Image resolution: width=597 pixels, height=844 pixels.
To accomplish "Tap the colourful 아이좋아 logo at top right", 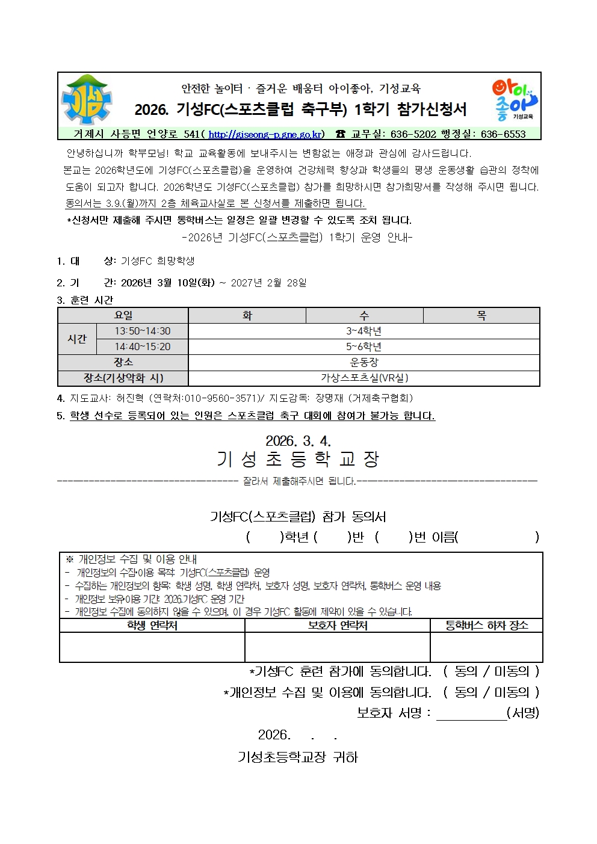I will point(514,100).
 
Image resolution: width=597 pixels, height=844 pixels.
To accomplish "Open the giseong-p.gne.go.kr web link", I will point(266,134).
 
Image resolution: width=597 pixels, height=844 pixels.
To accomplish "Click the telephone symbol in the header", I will point(341,134).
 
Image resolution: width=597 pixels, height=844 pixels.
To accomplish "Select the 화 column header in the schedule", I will point(247,316).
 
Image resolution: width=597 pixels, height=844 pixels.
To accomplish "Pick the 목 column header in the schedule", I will point(481,316).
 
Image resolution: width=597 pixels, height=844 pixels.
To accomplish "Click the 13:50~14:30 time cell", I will point(143,331).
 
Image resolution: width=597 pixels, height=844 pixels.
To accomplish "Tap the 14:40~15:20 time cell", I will point(143,347).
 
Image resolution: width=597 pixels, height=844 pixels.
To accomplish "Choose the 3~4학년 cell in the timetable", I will point(363,331).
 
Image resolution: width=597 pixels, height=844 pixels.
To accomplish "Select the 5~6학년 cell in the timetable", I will point(363,347).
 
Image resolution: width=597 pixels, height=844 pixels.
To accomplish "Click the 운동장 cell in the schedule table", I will point(363,363).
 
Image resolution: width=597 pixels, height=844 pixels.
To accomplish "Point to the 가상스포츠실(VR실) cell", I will point(363,378).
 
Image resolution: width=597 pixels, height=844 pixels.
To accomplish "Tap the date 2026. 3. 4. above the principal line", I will point(298,441).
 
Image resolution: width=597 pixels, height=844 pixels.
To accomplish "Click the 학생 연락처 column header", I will point(152,626).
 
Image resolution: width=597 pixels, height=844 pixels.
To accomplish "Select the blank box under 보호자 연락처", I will point(337,647).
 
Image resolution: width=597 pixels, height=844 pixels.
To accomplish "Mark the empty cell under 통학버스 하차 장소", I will point(486,647).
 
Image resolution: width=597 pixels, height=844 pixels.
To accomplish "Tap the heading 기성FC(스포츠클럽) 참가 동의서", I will point(298,517).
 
